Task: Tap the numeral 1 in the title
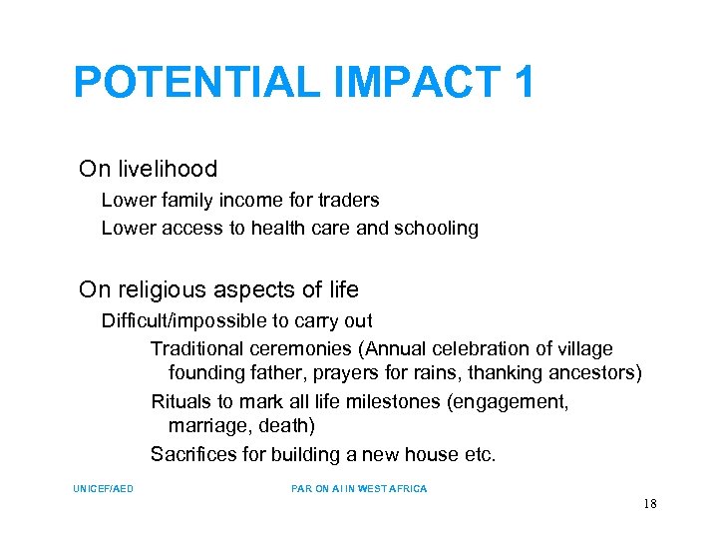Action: [524, 83]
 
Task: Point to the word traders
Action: [346, 200]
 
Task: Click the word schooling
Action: [436, 228]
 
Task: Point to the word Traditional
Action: [195, 348]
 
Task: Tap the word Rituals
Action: [179, 402]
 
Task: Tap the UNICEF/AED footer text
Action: [103, 489]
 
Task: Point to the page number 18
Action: [649, 504]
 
